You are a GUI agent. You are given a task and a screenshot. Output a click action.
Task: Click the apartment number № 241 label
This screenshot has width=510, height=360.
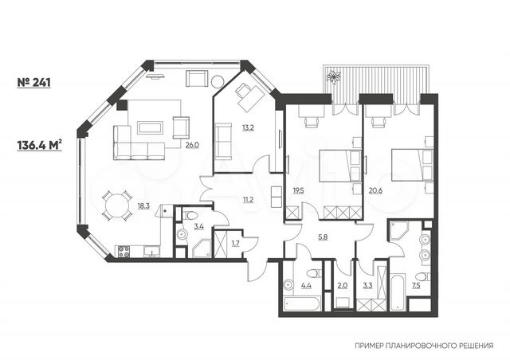pos(34,81)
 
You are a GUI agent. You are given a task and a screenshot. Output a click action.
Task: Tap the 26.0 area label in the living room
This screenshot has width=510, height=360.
pos(192,144)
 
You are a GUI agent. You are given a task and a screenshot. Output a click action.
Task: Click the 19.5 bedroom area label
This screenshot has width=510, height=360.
pos(298,191)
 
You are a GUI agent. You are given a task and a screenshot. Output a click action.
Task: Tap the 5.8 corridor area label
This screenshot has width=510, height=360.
pos(322,237)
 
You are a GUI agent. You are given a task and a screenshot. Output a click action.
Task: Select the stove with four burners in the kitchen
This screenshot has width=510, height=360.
pos(124,252)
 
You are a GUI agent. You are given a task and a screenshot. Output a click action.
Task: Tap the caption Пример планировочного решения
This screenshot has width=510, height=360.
pos(422,346)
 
